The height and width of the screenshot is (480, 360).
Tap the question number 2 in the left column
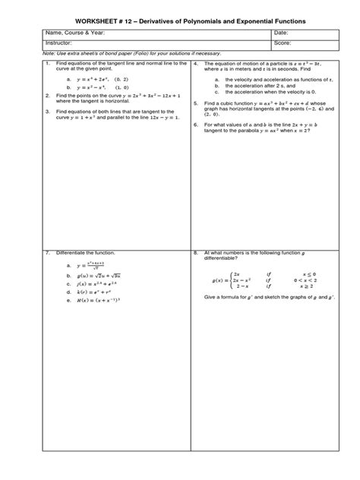pos(47,96)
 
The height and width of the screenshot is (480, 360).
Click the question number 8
pos(196,251)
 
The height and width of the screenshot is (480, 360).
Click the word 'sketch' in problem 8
pos(276,299)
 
